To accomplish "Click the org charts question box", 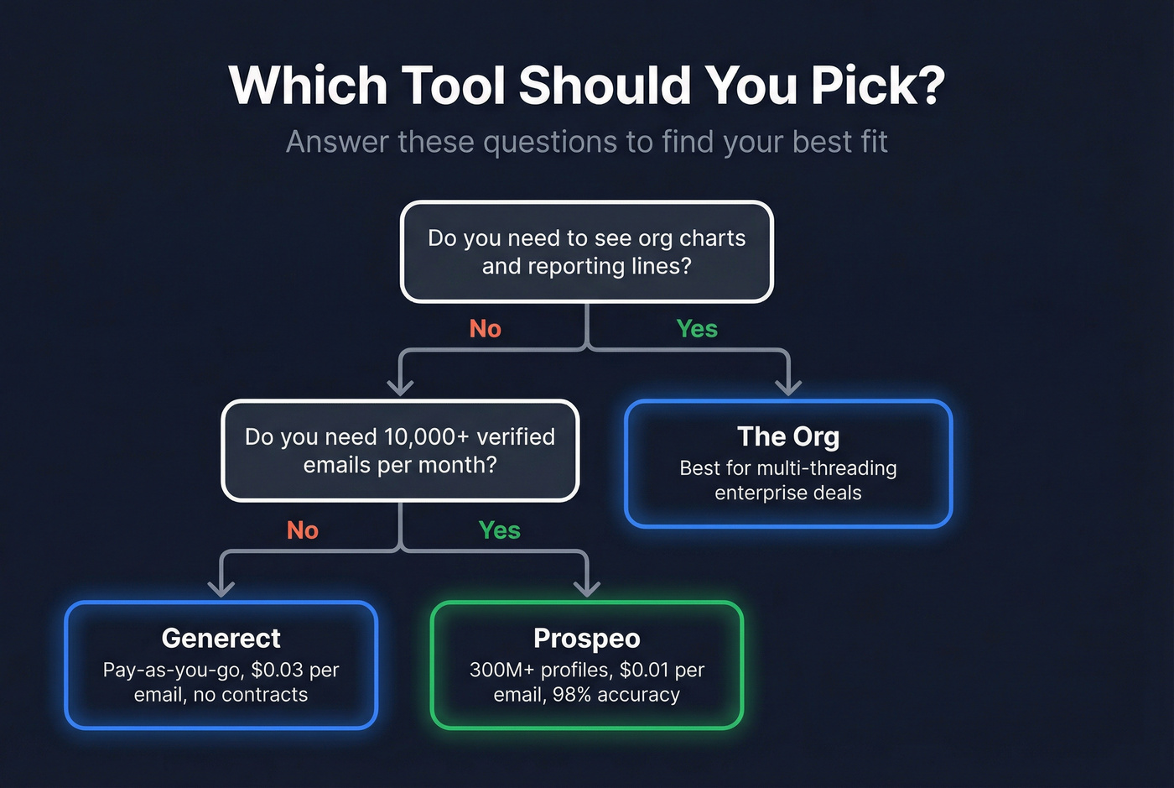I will pos(586,252).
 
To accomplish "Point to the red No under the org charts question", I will pos(486,329).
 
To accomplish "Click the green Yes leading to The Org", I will pos(697,329).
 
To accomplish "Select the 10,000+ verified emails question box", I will pos(400,451).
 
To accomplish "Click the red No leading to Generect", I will pos(303,530).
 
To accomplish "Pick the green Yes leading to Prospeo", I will pos(500,530).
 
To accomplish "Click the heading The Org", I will pos(788,436).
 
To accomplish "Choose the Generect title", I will pos(221,638).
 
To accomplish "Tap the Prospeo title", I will pos(587,638).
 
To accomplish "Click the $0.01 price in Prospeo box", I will pos(644,670).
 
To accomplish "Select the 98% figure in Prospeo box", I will pos(572,695).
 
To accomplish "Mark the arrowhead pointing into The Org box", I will pos(788,387).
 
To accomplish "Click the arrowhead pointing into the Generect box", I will pos(221,588).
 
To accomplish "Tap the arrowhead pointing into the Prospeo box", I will pos(587,588).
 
